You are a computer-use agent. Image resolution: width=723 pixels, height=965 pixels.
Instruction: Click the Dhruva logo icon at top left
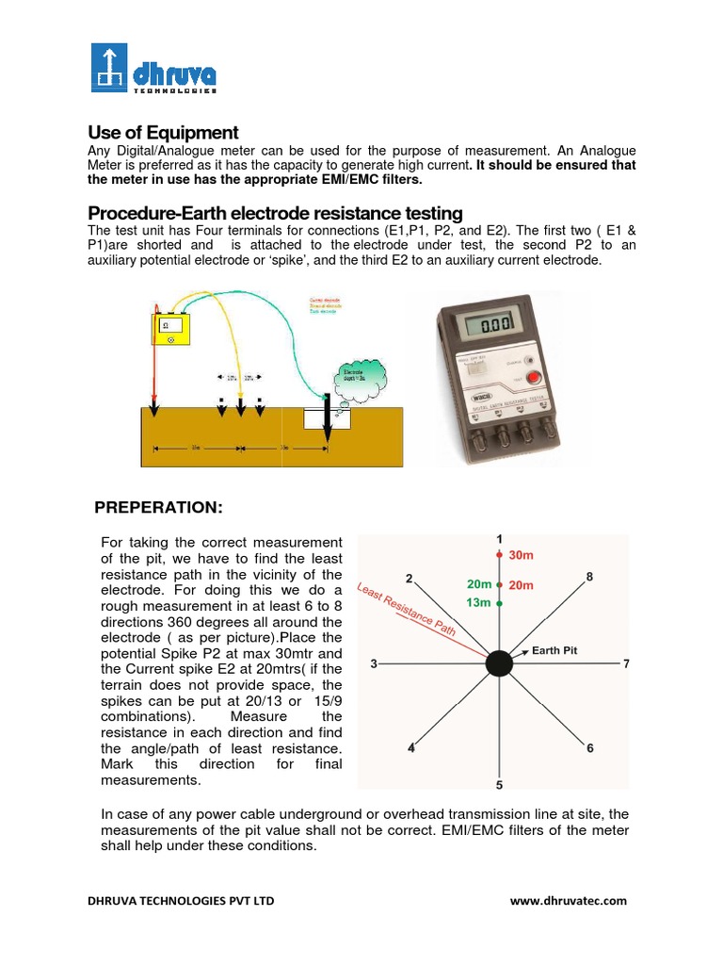[110, 68]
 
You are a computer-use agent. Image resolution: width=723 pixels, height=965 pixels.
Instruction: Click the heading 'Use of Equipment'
[163, 133]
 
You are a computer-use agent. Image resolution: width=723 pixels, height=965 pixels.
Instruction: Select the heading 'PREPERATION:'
[158, 508]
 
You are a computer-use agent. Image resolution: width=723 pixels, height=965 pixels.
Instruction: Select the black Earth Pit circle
[499, 663]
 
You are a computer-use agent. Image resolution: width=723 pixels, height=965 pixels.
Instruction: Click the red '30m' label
[521, 556]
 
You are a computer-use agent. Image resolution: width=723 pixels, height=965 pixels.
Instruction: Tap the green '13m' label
[479, 602]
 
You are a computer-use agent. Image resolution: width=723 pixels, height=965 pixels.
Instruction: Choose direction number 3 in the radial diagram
[374, 664]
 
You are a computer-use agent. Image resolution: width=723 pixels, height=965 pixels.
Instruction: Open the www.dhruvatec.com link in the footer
[568, 901]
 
